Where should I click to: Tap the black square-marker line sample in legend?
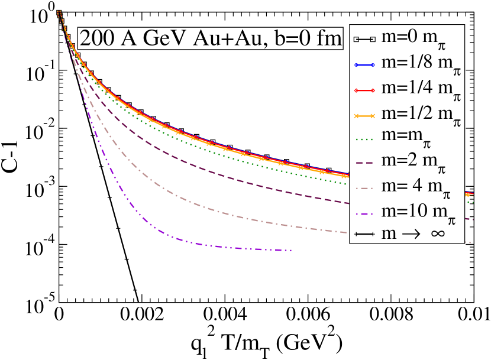(364, 40)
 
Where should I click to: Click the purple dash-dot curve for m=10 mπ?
(148, 222)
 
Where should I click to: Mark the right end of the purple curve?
(292, 250)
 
